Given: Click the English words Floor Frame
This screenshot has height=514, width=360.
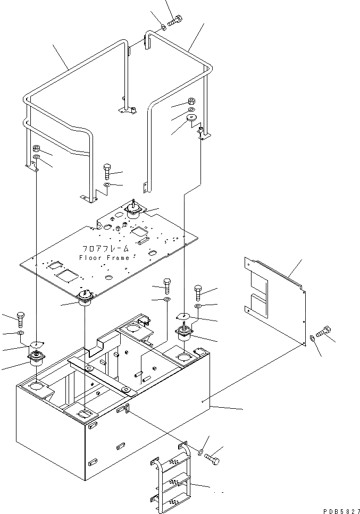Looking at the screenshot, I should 104,258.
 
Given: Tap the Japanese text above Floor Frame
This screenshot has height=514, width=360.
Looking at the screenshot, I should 106,249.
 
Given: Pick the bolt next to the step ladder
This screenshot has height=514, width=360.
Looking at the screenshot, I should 213,457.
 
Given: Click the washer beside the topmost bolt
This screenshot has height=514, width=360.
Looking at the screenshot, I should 163,27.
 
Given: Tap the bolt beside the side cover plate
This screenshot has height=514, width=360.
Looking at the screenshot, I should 322,333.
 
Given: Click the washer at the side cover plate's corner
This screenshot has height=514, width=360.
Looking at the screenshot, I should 312,338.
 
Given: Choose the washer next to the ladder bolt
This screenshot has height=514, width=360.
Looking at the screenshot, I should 200,452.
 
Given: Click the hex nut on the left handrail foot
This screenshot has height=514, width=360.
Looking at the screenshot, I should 37,149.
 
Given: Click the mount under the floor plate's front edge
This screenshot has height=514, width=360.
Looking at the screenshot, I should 85,299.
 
